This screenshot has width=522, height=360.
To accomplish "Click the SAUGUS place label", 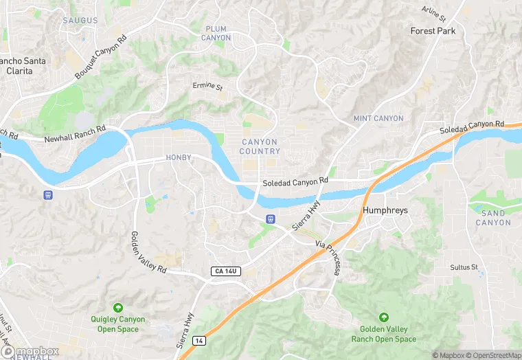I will tap(80, 21).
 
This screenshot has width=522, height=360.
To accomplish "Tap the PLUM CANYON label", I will tap(216, 33).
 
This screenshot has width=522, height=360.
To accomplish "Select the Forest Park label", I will tap(433, 31).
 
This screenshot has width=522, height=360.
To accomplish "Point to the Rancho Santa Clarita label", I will tap(23, 65).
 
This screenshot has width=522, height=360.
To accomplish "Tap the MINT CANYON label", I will tap(378, 118).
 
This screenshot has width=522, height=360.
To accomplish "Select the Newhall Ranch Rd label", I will tap(75, 134).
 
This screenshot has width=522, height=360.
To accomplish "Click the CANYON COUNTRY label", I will tap(260, 146).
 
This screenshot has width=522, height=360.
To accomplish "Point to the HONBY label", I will tap(179, 158).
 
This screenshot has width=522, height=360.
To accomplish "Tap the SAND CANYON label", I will tap(492, 218).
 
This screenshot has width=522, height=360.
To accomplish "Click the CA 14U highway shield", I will tap(225, 271).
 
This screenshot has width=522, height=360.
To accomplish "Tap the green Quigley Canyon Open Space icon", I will tap(117, 306).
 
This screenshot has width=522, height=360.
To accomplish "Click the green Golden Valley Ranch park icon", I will tap(383, 317).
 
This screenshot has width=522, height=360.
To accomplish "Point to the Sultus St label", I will tap(464, 267).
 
